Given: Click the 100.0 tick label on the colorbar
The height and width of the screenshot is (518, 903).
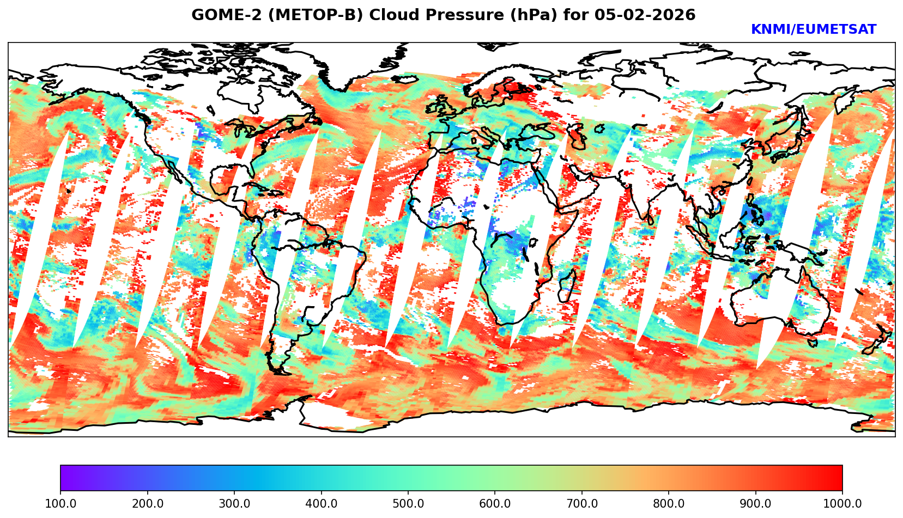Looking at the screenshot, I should [x=60, y=504].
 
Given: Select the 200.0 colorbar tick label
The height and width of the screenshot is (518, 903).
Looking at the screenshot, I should [x=147, y=504].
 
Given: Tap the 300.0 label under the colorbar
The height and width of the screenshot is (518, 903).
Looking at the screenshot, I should [x=234, y=504].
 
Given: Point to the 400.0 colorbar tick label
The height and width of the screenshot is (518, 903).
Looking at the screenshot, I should [x=321, y=504].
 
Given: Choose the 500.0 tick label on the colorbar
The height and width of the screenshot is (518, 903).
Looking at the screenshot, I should [x=408, y=504].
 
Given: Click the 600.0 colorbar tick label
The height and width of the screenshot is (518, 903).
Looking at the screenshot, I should [x=495, y=504].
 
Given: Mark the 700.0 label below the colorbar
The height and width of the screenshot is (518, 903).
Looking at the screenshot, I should [x=582, y=504].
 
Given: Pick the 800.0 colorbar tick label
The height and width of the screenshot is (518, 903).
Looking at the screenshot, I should [x=669, y=504].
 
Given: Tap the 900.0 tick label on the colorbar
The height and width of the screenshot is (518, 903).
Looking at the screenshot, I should [x=756, y=504].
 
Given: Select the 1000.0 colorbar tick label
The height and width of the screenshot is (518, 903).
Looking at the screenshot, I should [x=843, y=504].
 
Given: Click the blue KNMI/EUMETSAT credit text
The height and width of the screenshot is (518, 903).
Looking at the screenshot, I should [x=813, y=30].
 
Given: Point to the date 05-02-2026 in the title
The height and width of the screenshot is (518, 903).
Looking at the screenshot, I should [x=645, y=15].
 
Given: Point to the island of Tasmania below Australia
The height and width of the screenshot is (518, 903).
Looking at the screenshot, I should [x=813, y=343].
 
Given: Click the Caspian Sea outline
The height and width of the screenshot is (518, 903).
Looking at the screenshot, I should [x=577, y=136].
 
